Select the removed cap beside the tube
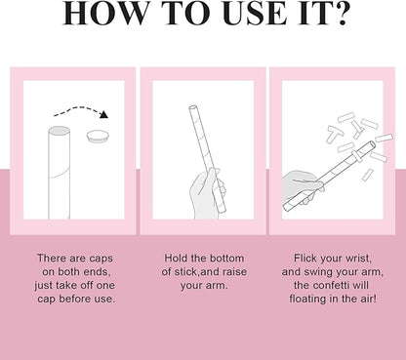tap(98, 136)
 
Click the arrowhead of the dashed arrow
tap(103, 114)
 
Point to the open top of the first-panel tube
tap(59, 131)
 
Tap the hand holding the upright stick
tap(208, 193)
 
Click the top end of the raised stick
tap(193, 107)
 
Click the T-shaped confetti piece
tap(335, 134)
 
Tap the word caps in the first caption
tap(101, 259)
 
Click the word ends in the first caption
tap(96, 272)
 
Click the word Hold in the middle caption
tap(176, 259)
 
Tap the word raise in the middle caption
tap(233, 272)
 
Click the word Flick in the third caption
tap(305, 259)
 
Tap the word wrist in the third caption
tap(358, 259)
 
